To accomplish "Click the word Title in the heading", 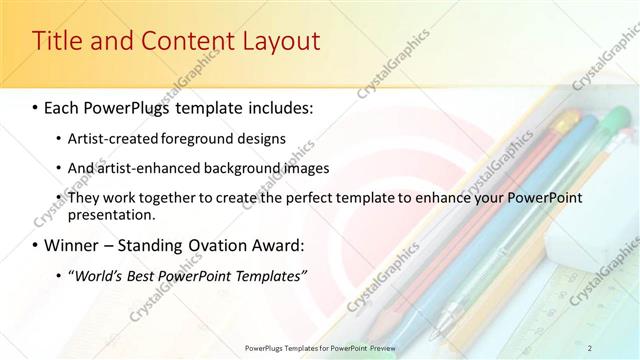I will (57, 42).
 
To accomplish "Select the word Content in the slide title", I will (177, 42).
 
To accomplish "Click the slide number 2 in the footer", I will (590, 347).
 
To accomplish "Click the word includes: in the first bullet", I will (280, 105).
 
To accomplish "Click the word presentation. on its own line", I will (110, 214).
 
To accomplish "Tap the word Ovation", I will (230, 245).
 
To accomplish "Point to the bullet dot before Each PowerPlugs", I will (36, 106).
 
